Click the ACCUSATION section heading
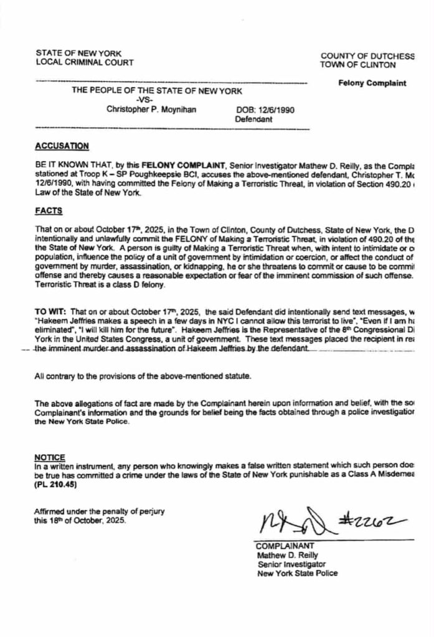click(x=62, y=146)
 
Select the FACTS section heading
click(x=48, y=211)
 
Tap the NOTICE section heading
click(x=50, y=457)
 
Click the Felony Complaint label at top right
click(x=372, y=83)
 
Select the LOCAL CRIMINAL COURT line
click(x=84, y=62)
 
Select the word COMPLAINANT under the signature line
click(x=280, y=546)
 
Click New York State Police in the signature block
click(x=298, y=573)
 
